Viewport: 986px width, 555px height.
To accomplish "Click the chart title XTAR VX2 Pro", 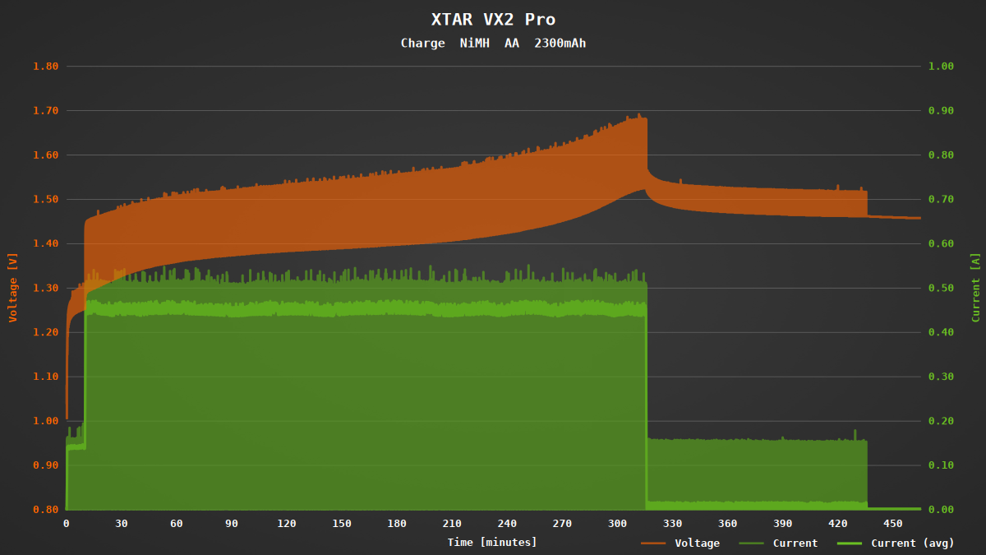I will coord(493,20).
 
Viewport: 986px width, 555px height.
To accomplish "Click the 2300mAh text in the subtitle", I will coord(560,43).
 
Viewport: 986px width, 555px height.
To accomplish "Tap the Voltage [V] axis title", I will coord(12,287).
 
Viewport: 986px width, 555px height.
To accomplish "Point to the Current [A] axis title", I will coord(975,287).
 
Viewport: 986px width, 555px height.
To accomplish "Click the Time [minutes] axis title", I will coord(492,542).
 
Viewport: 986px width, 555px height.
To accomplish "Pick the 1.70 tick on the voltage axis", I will coord(45,110).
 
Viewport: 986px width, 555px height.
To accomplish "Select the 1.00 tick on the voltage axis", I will coord(45,421).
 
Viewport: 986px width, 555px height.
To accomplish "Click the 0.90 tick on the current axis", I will coord(941,110).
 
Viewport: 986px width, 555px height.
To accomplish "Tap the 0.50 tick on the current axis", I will coord(941,288).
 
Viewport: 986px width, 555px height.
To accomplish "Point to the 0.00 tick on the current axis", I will coord(941,510).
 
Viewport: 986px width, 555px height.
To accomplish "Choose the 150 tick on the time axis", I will coord(342,524).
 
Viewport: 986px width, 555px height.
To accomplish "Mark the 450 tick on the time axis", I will coord(893,524).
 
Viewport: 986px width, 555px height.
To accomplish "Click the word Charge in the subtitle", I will coord(422,43).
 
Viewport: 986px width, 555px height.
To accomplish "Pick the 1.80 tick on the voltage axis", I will coord(45,66).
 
